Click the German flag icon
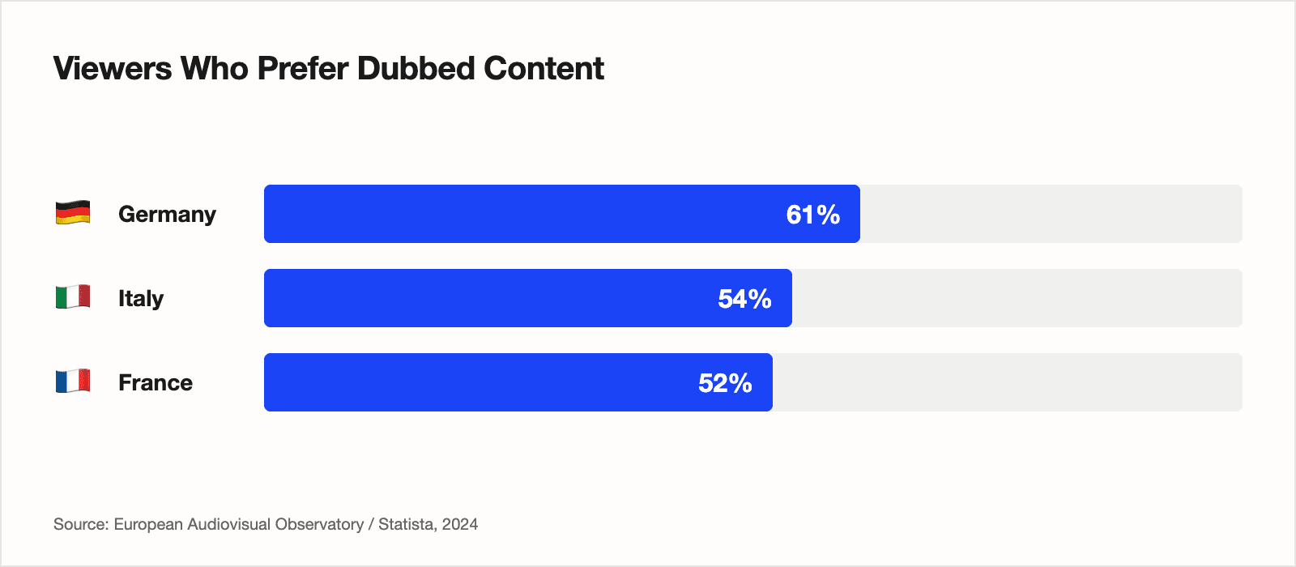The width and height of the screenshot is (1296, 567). click(73, 213)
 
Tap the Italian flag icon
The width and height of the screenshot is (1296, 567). click(73, 297)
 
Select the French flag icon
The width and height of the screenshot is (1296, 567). click(73, 382)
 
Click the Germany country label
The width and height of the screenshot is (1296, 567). click(167, 214)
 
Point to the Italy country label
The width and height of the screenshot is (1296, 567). click(141, 298)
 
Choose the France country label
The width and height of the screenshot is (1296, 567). click(156, 382)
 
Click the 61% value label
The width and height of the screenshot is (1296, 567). click(812, 215)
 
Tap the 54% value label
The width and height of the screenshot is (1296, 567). click(744, 299)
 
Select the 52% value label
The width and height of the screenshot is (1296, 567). click(725, 383)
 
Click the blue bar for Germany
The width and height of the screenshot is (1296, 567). click(518, 214)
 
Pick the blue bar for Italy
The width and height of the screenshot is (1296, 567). click(486, 298)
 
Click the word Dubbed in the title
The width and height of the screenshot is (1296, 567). click(416, 69)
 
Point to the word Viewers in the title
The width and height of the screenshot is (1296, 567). click(113, 69)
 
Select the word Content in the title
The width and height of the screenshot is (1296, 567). click(544, 69)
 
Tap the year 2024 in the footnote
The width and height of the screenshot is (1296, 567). click(460, 524)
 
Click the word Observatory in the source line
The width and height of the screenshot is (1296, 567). click(319, 524)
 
